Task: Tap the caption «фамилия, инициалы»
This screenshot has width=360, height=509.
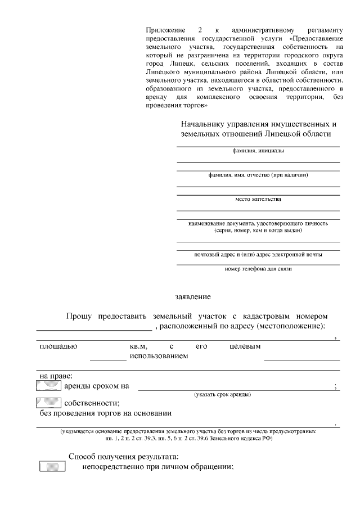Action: [258, 151]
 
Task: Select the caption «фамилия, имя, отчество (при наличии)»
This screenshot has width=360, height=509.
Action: [258, 175]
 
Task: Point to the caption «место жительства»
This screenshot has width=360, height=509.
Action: [258, 199]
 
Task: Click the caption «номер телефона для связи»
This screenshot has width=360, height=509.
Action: [258, 269]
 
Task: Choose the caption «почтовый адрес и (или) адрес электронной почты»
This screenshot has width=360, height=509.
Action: [258, 255]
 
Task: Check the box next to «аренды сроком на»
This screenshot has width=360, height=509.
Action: [48, 386]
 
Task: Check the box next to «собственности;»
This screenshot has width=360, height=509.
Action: [48, 403]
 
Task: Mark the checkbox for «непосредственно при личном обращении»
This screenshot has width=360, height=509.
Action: [53, 467]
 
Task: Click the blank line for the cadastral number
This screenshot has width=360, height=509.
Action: [94, 330]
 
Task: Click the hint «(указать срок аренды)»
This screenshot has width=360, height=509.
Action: [223, 394]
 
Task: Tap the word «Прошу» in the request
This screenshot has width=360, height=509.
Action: [79, 317]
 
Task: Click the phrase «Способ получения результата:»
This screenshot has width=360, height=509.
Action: [123, 456]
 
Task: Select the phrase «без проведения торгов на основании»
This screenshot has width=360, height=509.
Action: [105, 414]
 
